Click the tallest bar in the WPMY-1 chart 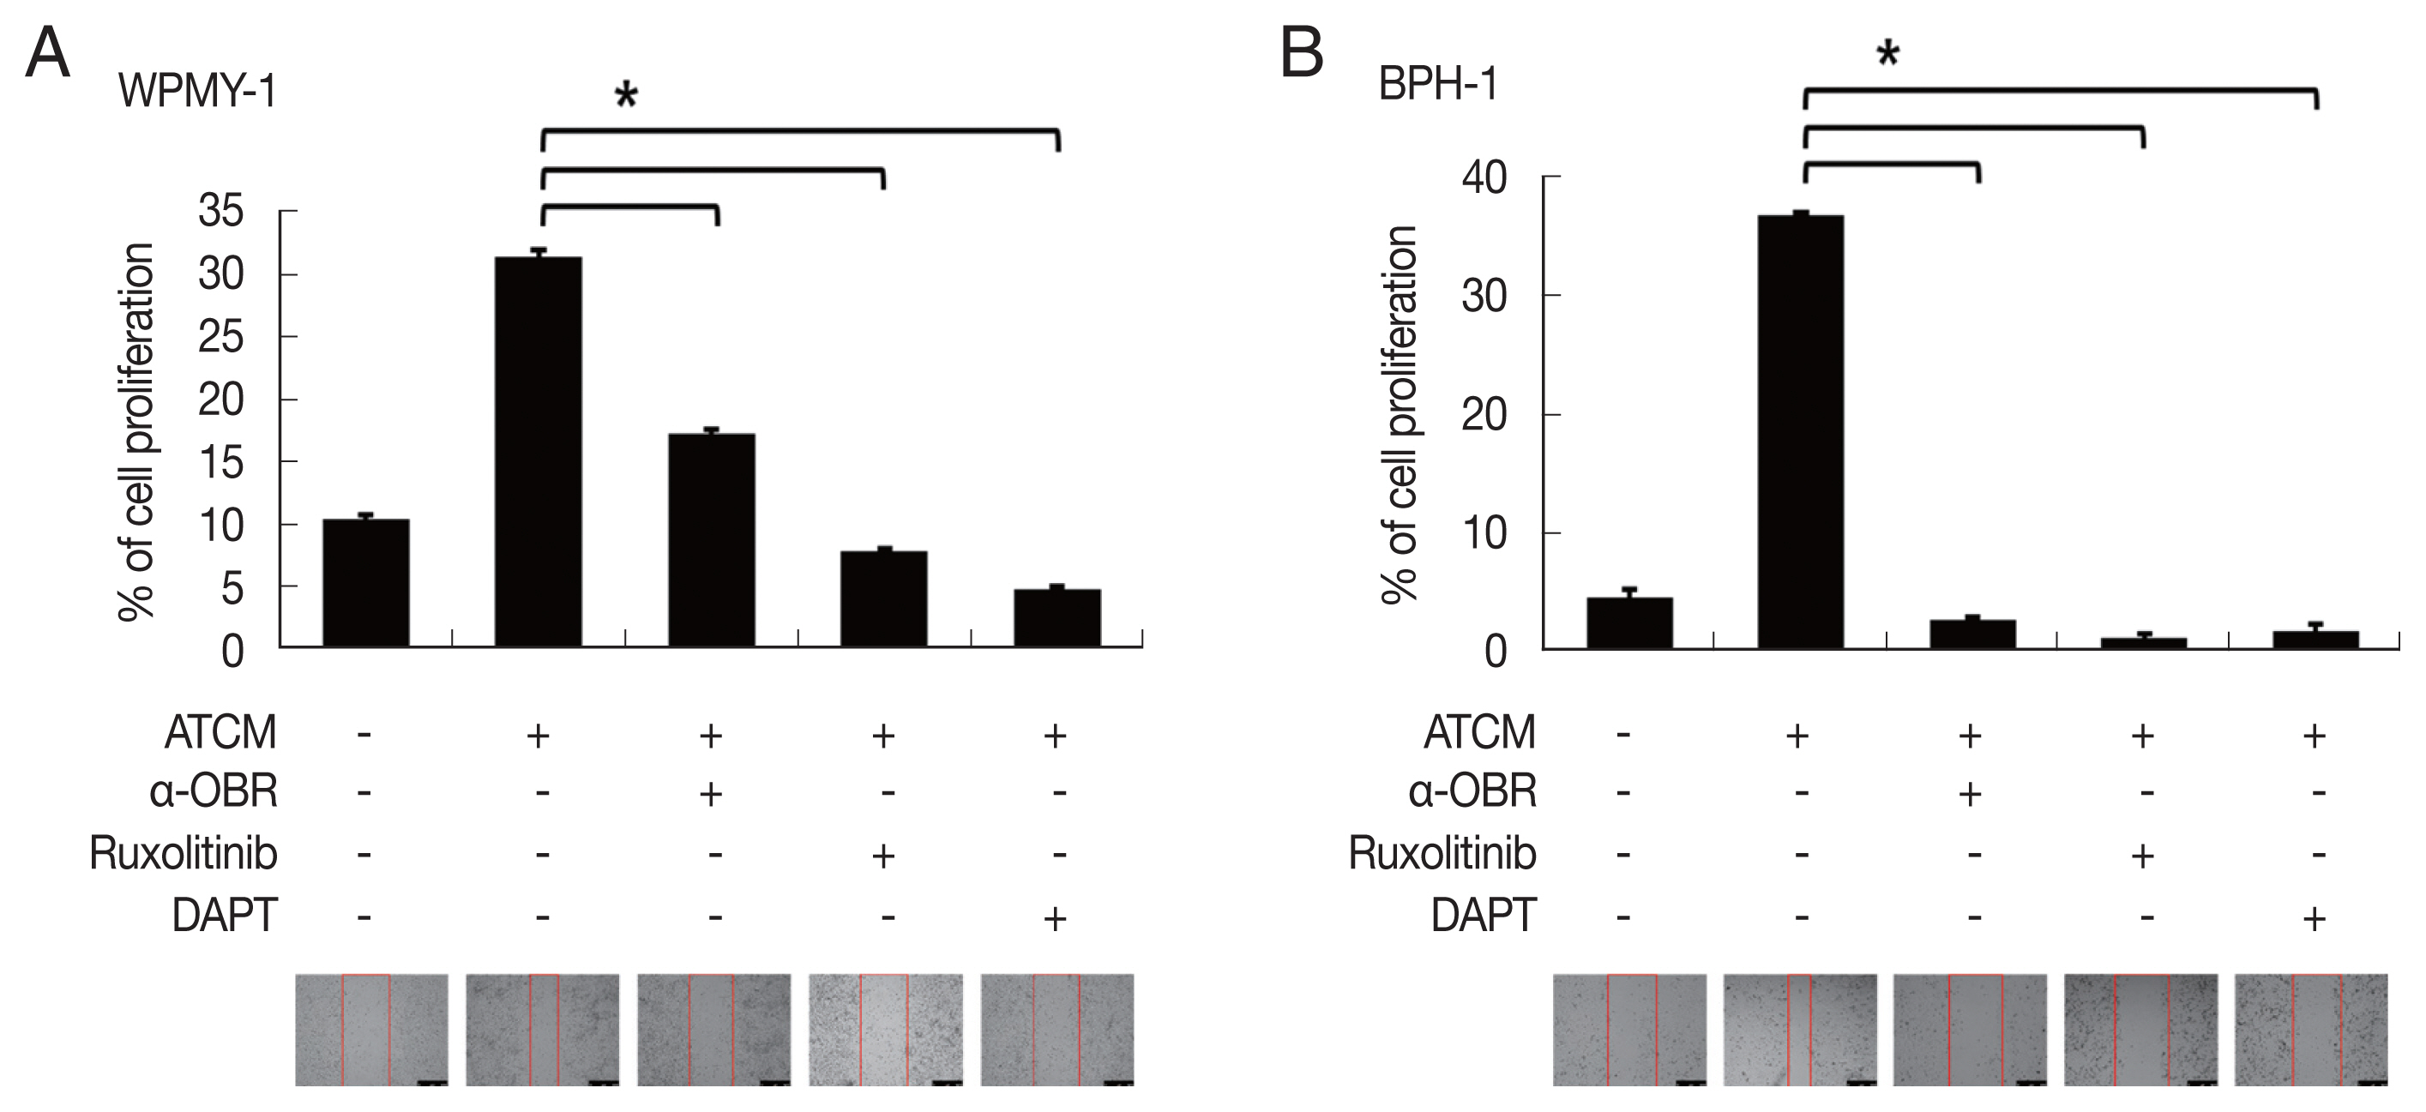click(x=538, y=452)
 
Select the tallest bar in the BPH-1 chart click(x=1800, y=432)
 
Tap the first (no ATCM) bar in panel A click(x=365, y=583)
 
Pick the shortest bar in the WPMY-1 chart click(x=1056, y=617)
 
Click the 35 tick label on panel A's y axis click(x=220, y=212)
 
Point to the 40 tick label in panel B click(x=1484, y=178)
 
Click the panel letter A click(x=47, y=54)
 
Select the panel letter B click(x=1302, y=54)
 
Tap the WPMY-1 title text click(x=197, y=93)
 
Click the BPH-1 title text click(x=1437, y=86)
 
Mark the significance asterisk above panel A click(x=626, y=97)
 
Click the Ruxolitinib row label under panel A click(x=184, y=853)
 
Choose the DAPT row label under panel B click(x=1484, y=915)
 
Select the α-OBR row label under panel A click(x=214, y=792)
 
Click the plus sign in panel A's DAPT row click(x=1056, y=918)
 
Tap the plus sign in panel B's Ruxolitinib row click(x=2142, y=856)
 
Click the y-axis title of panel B click(x=1400, y=414)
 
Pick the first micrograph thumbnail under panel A click(x=371, y=1029)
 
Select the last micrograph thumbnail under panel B click(x=2310, y=1029)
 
